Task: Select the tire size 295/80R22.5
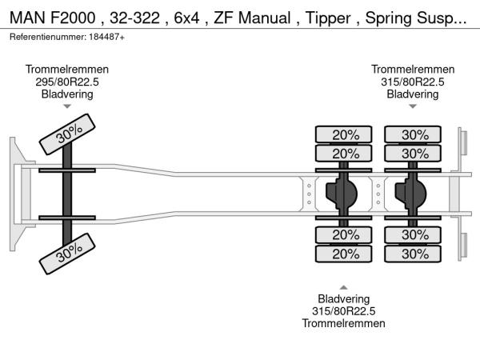67,82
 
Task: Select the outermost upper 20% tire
345,134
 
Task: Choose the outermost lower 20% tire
345,254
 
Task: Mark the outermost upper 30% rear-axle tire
414,134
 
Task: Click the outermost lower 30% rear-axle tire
414,254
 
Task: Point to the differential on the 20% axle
345,194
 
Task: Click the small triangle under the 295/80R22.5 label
67,106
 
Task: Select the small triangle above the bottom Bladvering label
344,286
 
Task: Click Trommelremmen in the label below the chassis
344,323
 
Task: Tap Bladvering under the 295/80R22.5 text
67,94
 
